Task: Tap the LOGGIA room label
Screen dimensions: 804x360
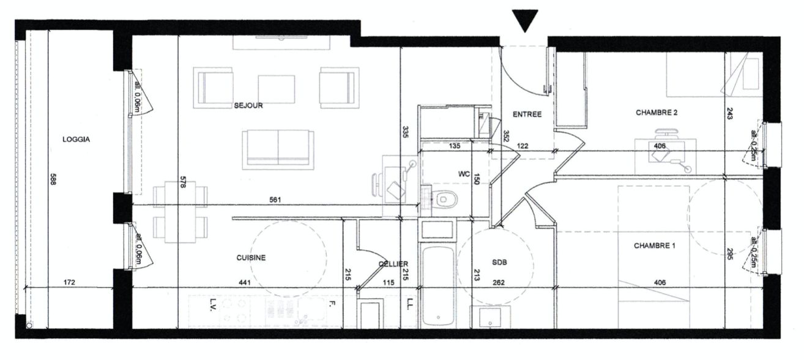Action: (x=76, y=140)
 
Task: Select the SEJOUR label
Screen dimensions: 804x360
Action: (x=248, y=106)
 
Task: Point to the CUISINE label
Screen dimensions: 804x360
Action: (x=251, y=258)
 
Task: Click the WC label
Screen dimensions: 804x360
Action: (x=464, y=174)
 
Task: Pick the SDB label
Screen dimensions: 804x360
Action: (x=499, y=263)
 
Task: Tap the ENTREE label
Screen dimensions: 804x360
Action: (x=527, y=114)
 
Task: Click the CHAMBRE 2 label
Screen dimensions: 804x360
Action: (x=657, y=113)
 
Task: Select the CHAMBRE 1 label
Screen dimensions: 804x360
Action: (x=654, y=246)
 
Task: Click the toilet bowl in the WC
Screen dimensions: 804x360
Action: (x=444, y=199)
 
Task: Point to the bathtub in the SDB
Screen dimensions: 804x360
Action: (x=438, y=287)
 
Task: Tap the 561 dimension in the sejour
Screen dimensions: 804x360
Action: (x=275, y=200)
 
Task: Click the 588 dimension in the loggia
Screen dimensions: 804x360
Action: (x=53, y=179)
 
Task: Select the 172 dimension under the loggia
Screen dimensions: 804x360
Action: (x=69, y=282)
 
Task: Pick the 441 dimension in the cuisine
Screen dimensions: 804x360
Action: (x=244, y=283)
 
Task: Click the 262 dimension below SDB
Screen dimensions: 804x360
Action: (x=499, y=283)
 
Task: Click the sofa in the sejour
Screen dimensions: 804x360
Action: (x=278, y=150)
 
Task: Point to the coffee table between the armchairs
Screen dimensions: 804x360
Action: (x=277, y=89)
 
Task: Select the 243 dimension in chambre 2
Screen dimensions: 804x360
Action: (x=730, y=113)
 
